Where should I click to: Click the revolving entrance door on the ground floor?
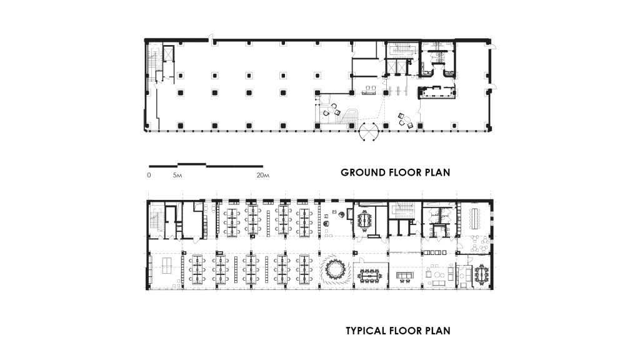tap(369, 131)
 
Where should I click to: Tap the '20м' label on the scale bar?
tap(263, 176)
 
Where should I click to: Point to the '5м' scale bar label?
tap(177, 176)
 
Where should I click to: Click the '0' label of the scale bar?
tap(149, 176)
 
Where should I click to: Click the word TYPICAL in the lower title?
tap(366, 331)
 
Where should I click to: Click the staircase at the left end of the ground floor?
tap(154, 63)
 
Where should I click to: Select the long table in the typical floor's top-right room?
tap(476, 218)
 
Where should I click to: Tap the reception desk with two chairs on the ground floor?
tap(369, 91)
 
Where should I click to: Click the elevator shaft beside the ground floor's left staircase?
tap(168, 54)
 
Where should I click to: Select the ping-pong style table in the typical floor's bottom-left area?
tap(167, 266)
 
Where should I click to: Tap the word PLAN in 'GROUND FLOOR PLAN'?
tap(436, 172)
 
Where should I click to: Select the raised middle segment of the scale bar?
tap(192, 164)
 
